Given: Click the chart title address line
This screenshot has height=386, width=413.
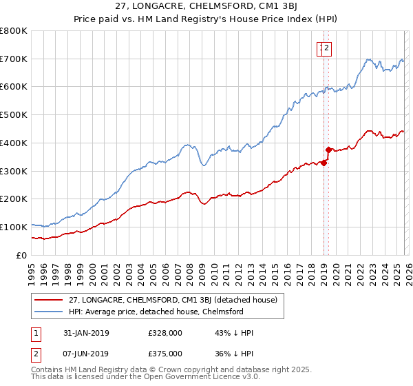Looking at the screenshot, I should pos(206,6).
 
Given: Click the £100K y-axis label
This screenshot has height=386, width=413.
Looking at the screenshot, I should pos(14,227).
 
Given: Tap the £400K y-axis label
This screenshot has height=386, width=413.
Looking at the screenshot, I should pos(14,143).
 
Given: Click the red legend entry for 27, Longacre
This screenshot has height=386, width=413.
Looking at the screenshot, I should pos(173,300).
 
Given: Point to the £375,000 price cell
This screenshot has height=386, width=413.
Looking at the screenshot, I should pos(165,354).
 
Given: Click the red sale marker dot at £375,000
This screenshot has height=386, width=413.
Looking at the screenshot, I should pos(328,150).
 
